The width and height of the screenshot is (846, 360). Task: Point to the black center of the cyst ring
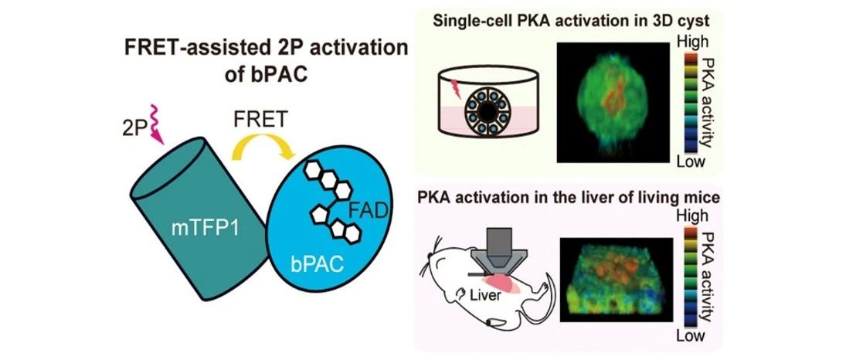point(488,110)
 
